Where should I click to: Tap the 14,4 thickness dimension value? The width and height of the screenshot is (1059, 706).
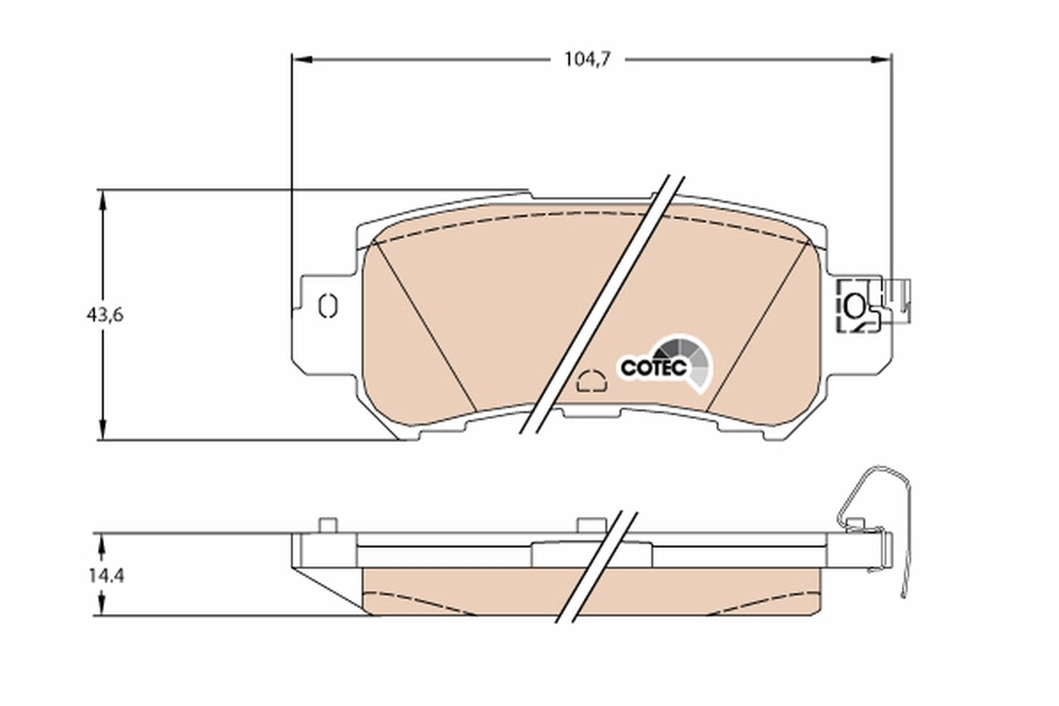tap(105, 575)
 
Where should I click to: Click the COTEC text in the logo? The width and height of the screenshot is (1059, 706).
tap(653, 367)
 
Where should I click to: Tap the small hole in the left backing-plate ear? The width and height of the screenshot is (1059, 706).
tap(326, 305)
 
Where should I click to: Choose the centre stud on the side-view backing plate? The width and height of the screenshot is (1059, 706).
tap(586, 525)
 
